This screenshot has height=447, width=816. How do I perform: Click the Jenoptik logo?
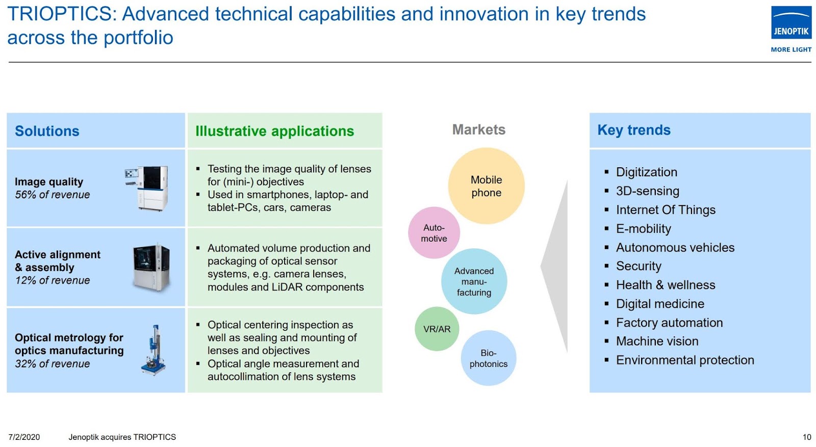coord(791,29)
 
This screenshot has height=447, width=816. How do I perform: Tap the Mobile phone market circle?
coord(486,186)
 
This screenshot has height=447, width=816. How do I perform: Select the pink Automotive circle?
coord(434,232)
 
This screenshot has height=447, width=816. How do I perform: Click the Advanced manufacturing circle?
coord(474,281)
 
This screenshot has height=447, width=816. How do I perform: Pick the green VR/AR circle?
coord(437,329)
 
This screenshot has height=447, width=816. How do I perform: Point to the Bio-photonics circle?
coord(489,358)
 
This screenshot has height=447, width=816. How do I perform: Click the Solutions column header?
coord(47,131)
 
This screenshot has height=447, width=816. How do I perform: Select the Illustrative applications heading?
coord(275,131)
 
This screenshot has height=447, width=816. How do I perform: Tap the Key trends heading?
coord(634,130)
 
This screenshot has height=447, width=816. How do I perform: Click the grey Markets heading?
coord(479,129)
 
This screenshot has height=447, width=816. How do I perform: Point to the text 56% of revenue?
coord(53,195)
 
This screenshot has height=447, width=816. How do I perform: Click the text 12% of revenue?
coord(53,280)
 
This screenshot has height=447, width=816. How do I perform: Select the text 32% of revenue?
coord(53,363)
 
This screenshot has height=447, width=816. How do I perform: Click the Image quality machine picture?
coord(147,188)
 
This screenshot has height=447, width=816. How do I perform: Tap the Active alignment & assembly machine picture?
coord(151,267)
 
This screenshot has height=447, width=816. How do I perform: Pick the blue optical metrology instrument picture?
coord(154,350)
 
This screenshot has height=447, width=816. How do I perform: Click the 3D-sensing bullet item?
coord(647,191)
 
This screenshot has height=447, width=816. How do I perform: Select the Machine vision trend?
coord(657,341)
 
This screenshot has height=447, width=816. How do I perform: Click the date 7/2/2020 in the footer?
coord(24,437)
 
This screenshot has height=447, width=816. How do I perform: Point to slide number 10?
coord(806,437)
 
